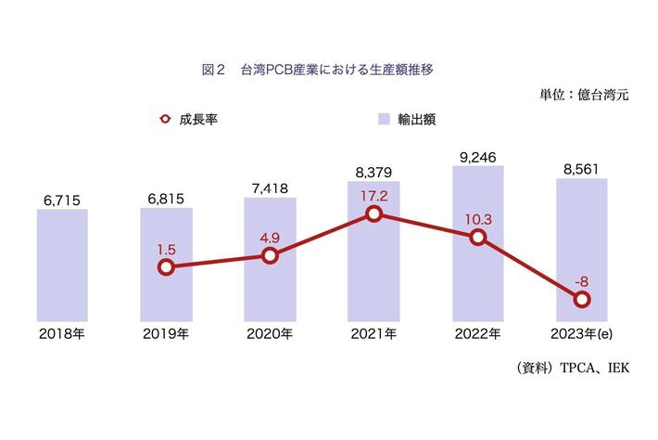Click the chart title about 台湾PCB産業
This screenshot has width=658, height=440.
pyautogui.click(x=318, y=69)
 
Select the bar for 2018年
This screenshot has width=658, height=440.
pyautogui.click(x=62, y=265)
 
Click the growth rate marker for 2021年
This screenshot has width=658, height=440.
pyautogui.click(x=373, y=214)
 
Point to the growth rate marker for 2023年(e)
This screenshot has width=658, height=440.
pyautogui.click(x=581, y=299)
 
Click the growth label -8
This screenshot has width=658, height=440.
pyautogui.click(x=581, y=281)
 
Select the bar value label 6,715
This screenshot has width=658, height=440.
pyautogui.click(x=62, y=200)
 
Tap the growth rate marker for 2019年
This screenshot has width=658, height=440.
pyautogui.click(x=166, y=267)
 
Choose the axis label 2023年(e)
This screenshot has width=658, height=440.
pyautogui.click(x=581, y=333)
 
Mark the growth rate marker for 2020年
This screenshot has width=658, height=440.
pyautogui.click(x=270, y=255)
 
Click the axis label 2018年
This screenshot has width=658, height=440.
pyautogui.click(x=62, y=333)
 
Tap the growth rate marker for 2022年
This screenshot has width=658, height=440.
pyautogui.click(x=477, y=237)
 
